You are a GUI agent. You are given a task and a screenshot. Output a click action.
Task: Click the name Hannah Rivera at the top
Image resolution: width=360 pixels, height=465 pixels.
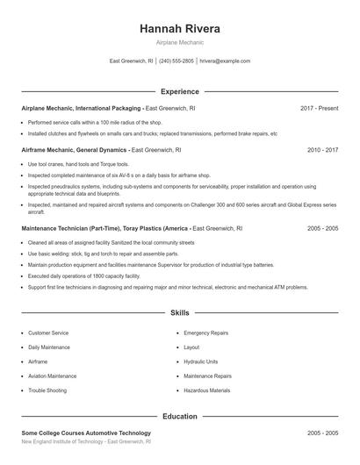[x=179, y=29]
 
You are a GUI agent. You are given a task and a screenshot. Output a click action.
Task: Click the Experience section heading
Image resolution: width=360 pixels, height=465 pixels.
[x=179, y=91]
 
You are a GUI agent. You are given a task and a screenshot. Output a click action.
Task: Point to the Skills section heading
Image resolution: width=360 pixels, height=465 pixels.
[x=179, y=312]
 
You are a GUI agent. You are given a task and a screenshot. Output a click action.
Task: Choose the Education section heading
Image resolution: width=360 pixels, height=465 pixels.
[x=179, y=417]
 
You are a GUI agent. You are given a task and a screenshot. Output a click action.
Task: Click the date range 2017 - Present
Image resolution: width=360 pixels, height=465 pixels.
[x=319, y=108]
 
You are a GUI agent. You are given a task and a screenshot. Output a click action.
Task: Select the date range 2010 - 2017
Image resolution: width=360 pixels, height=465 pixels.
[x=322, y=150]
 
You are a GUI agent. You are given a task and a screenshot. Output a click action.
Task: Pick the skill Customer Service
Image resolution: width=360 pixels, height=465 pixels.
[x=47, y=333]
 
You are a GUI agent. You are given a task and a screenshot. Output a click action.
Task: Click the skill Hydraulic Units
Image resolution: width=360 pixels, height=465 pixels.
[x=200, y=361]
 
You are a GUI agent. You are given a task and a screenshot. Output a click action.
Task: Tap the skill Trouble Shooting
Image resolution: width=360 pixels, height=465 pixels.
[x=47, y=390]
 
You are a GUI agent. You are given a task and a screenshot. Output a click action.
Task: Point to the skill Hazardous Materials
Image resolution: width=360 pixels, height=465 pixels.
[x=207, y=390]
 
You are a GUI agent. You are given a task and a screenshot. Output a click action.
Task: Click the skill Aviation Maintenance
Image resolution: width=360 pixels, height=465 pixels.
[x=53, y=376]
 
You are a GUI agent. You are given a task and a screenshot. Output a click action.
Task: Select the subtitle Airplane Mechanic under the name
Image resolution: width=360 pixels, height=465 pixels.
[x=179, y=43]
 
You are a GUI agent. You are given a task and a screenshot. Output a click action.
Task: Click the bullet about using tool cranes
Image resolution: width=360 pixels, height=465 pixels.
[x=78, y=164]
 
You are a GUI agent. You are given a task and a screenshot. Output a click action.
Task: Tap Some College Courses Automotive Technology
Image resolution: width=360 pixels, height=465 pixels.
[x=86, y=433]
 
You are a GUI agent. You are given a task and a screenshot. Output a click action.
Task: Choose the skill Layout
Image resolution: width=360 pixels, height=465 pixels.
[x=191, y=347]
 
